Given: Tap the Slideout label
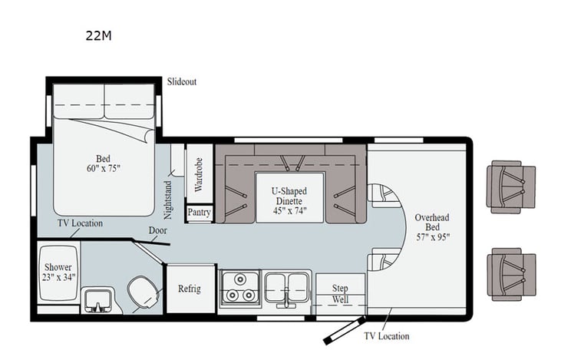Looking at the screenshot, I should (181, 81).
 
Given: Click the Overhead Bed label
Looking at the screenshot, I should (432, 227).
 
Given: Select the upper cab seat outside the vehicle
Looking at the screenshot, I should (510, 186).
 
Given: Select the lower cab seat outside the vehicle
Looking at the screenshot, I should (510, 273).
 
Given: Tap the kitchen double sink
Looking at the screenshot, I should (287, 289).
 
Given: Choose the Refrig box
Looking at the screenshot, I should (190, 289).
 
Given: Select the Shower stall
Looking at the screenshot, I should (58, 272).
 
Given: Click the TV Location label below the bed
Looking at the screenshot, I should (81, 223).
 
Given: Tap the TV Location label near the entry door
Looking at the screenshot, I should (387, 336).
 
